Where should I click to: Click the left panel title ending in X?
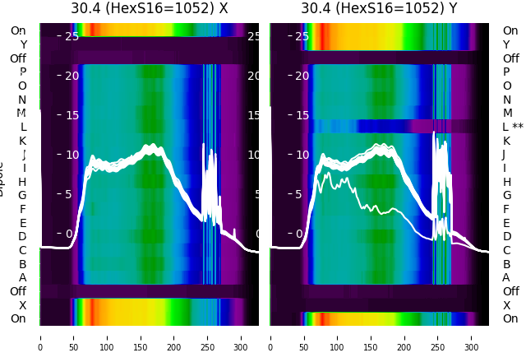(x=149, y=8)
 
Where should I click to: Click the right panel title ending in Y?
(x=379, y=8)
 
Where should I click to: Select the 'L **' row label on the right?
(x=512, y=127)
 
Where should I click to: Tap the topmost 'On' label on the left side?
(x=18, y=30)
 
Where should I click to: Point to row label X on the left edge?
(x=22, y=305)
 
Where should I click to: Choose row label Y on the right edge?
(x=506, y=44)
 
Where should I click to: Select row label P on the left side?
(x=22, y=72)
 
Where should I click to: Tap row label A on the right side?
(x=506, y=277)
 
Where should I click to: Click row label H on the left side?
(x=22, y=182)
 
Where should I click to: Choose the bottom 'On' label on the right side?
(x=510, y=318)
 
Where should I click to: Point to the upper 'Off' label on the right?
(x=510, y=58)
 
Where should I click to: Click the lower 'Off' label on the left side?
(x=18, y=291)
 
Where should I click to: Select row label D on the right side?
(x=506, y=236)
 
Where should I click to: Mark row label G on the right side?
(x=506, y=195)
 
